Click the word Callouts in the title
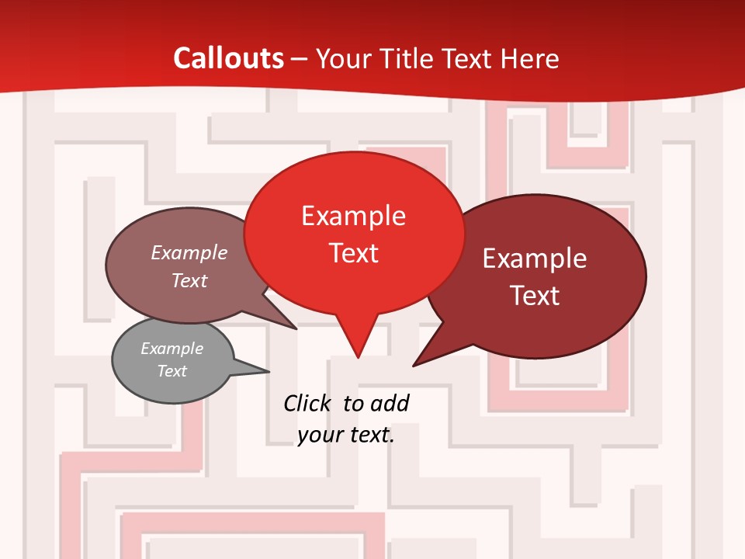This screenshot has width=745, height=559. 229,58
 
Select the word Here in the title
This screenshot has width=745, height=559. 530,58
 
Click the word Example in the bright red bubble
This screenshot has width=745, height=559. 353,216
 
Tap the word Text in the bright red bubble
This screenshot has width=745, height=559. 354,253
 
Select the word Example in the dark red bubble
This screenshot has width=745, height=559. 535,259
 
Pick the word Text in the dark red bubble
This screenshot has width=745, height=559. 535,296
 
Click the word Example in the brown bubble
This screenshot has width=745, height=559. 189,253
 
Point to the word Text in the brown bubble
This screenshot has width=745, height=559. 189,280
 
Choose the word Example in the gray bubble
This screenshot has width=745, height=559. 172,349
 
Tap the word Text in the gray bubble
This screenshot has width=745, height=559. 172,371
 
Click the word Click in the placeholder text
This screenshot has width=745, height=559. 308,403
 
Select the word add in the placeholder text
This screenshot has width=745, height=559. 390,403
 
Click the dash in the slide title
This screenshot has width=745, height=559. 300,59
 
